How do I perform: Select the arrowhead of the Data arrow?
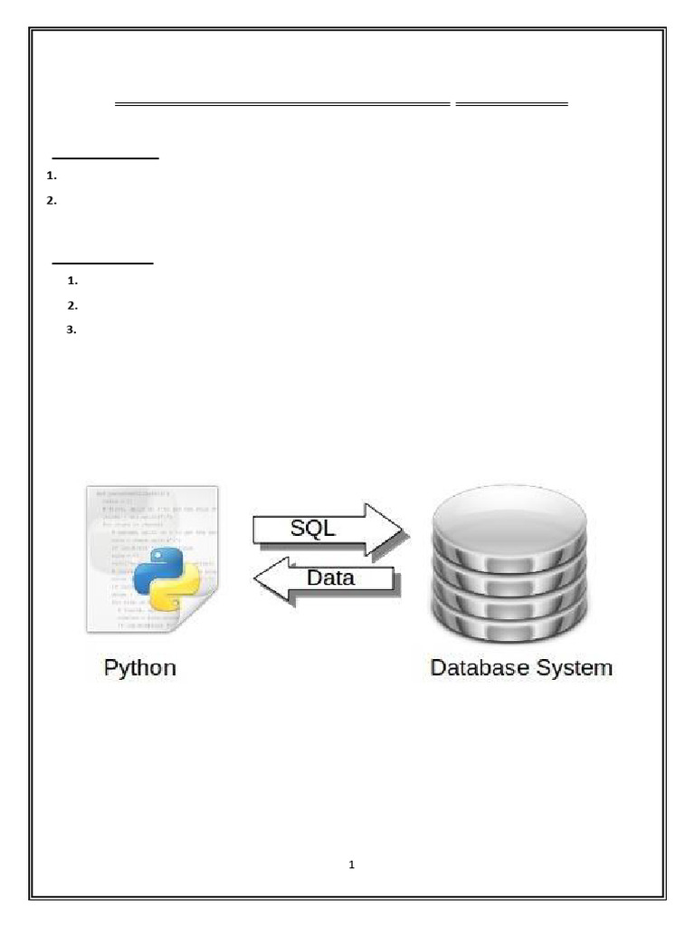[x=270, y=579]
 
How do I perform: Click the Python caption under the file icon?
[x=140, y=669]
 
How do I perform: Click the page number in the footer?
[x=352, y=865]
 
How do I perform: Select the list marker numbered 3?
[x=71, y=330]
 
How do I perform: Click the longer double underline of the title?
[x=282, y=105]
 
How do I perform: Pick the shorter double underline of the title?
[x=511, y=105]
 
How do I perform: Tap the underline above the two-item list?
[x=106, y=158]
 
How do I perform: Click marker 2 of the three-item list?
[x=71, y=306]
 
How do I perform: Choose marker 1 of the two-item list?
[x=51, y=177]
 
